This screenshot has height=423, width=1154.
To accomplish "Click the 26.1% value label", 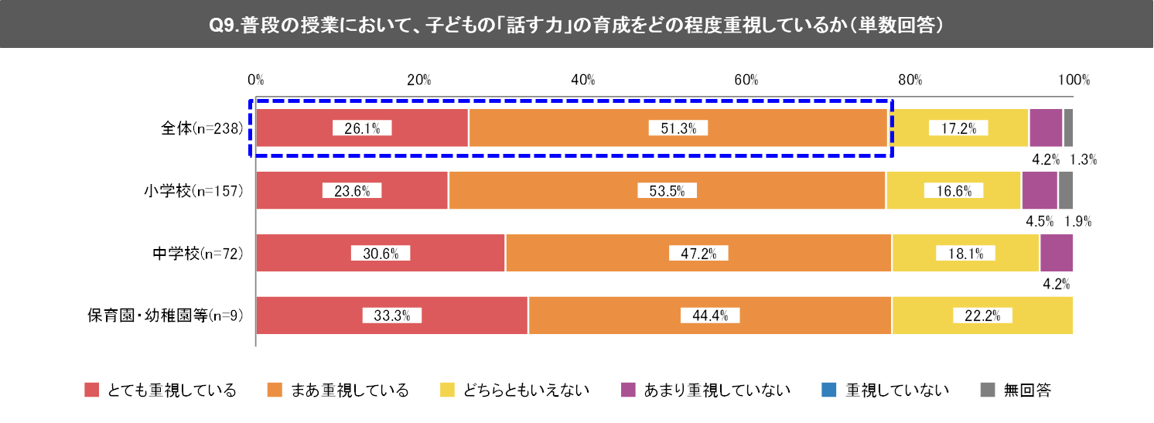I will (x=362, y=128).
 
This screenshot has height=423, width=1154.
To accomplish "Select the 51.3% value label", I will (x=678, y=128).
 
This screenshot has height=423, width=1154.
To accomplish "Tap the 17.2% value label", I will (x=958, y=128).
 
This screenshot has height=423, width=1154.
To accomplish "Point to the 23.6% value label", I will (x=352, y=191).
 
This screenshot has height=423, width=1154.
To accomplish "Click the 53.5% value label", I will (x=667, y=191).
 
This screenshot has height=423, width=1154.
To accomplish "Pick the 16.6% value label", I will (x=953, y=191).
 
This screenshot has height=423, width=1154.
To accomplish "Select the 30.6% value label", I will (x=380, y=253).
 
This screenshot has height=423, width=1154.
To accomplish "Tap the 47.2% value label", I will (x=698, y=253).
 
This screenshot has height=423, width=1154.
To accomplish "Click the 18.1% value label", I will (x=965, y=253).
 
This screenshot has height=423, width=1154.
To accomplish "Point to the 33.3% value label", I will (x=391, y=316).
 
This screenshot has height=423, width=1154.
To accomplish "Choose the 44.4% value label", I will (x=710, y=316).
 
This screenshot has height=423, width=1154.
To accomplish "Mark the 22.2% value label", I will (x=982, y=316).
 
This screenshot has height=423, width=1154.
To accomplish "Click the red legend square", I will (x=92, y=390).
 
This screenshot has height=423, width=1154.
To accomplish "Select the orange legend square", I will (x=275, y=390).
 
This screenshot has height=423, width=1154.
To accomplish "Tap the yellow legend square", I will (x=447, y=390).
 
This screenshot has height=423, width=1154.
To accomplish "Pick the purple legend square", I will (x=628, y=390).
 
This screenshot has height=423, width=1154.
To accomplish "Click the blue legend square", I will (x=829, y=390).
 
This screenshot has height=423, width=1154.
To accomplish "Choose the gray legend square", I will (x=988, y=390).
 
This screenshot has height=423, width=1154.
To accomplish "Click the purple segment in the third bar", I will (x=1057, y=253).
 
